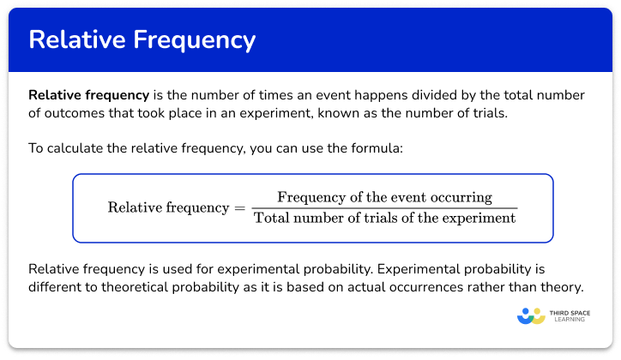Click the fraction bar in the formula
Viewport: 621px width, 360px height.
coord(384,207)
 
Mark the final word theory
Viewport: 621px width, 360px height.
coord(561,286)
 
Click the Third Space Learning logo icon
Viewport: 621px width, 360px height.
coord(531,315)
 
